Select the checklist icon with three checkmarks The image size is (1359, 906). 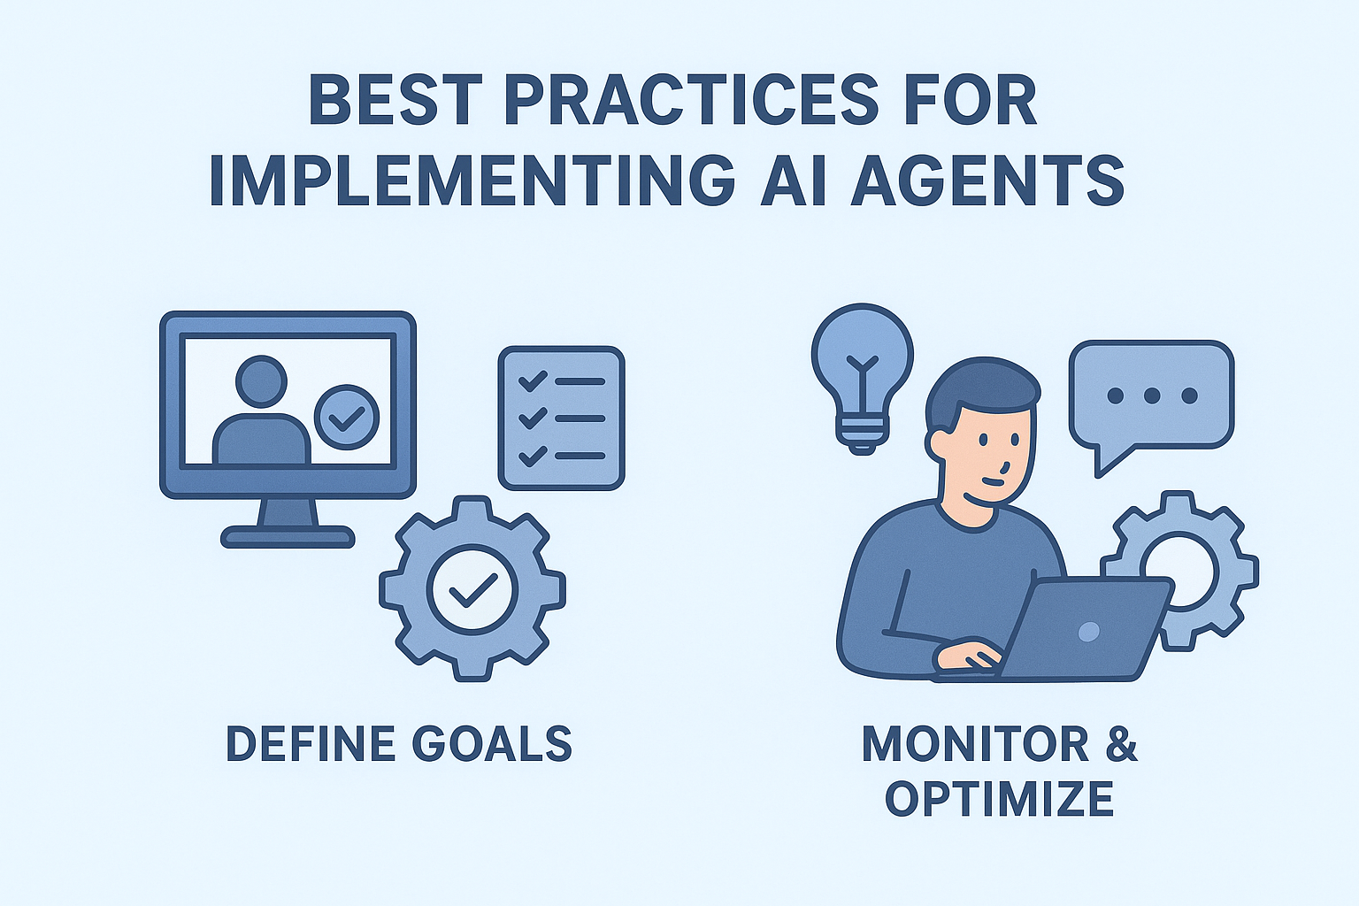click(562, 418)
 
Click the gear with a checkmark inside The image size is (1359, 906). click(472, 587)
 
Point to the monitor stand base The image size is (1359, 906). click(288, 536)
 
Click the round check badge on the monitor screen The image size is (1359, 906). click(347, 416)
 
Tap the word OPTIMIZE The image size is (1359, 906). click(999, 798)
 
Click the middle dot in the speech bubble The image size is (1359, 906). click(1151, 395)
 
